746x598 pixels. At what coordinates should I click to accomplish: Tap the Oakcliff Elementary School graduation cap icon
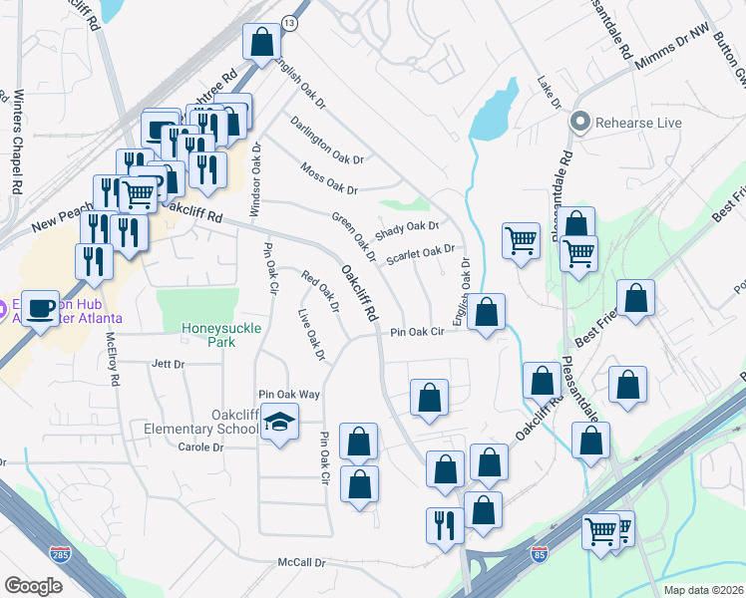[280, 423]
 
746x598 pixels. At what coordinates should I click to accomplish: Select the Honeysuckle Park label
[207, 334]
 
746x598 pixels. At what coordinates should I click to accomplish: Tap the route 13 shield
[289, 21]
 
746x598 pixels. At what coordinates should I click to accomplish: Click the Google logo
[33, 585]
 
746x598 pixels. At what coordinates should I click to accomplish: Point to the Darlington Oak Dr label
[328, 141]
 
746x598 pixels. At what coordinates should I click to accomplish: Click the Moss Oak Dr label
[328, 177]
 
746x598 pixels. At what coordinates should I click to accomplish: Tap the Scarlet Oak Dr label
[420, 253]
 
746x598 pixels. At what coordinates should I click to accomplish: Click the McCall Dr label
[302, 563]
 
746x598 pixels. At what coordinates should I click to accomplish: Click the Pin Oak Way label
[289, 395]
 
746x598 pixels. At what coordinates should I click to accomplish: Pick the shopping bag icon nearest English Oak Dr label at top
[262, 43]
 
